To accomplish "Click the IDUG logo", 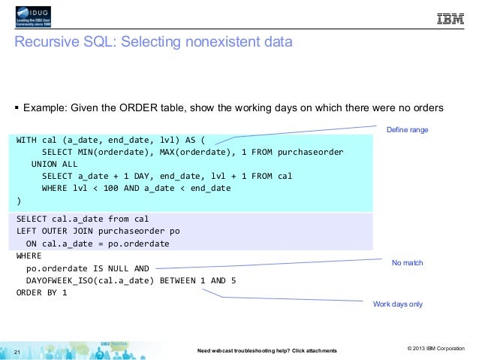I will coord(36,18).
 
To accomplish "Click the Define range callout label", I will coord(407,131).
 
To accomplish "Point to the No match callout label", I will coord(408,263).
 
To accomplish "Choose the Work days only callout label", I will coord(398,304).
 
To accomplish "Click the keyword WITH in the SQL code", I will coord(28,141).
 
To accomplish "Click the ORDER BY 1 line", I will coord(42,292).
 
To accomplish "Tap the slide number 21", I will coord(19,349).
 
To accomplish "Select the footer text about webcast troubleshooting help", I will coord(266,351).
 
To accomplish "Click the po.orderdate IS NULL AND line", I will coord(88,268).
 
